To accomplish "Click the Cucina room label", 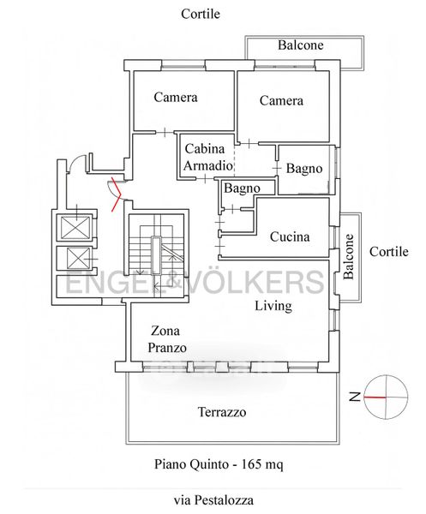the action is [290, 236].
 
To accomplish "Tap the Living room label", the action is [273, 306].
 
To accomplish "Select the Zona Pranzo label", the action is [167, 339].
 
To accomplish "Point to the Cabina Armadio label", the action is [208, 157].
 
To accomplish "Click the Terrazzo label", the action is [222, 412].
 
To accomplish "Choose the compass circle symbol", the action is [386, 397].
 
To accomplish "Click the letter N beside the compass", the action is [355, 397].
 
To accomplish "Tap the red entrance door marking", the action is [116, 194].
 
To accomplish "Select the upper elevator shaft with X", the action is [75, 227].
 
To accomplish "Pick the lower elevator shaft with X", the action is [78, 259].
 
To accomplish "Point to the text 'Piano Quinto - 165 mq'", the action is [219, 463].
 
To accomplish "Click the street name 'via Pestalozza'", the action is [213, 500].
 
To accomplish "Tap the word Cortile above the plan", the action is [201, 14].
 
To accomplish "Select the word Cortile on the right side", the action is [389, 252].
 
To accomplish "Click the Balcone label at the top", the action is [301, 45].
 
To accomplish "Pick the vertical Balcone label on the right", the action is [349, 256].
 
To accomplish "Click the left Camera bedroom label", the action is [176, 97].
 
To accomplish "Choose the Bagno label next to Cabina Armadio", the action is [304, 169].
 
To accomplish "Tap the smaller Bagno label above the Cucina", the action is [242, 188].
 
